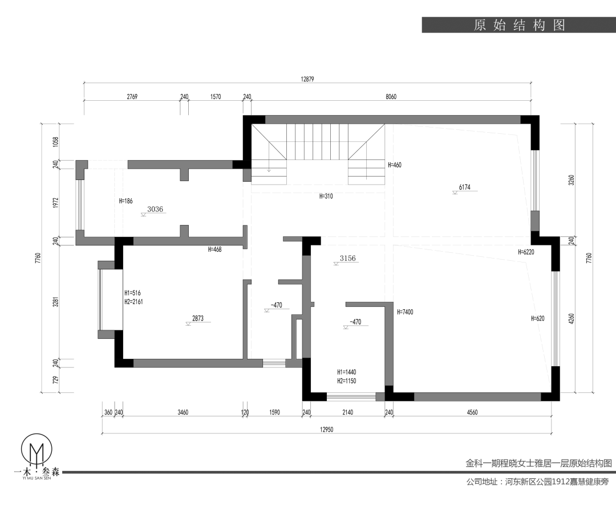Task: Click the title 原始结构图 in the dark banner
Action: [x=518, y=26]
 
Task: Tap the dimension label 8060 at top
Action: [x=391, y=97]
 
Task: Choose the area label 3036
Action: [x=155, y=209]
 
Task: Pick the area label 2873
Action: [x=197, y=318]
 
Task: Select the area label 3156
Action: [x=347, y=258]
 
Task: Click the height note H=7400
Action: [x=404, y=312]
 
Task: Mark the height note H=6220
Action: [x=526, y=252]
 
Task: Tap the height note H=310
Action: [x=326, y=196]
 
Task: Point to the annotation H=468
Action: [x=215, y=249]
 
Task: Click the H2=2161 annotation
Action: [x=133, y=302]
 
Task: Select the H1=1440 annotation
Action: [x=346, y=372]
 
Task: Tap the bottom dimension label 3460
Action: [x=183, y=412]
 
